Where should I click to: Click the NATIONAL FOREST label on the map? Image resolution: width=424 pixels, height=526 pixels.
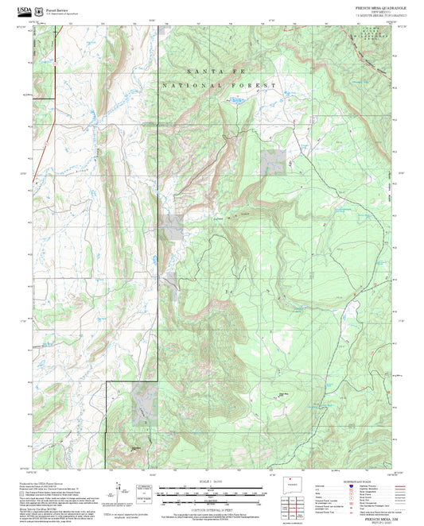tap(219, 85)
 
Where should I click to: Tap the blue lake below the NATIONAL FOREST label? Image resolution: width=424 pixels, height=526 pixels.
tap(236, 101)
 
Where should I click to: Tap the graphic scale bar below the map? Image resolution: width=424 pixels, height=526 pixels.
tap(212, 493)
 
